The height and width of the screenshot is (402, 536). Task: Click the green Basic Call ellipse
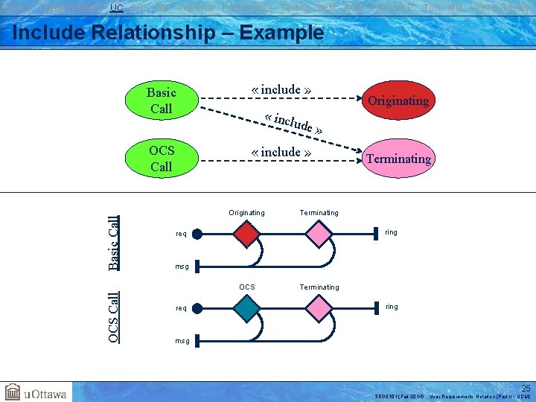point(161,100)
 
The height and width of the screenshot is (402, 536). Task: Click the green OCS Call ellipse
point(161,159)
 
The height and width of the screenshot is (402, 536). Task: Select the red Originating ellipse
point(398,100)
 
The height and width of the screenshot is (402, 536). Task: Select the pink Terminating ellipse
point(398,159)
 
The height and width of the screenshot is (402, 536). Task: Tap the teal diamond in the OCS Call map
point(246,307)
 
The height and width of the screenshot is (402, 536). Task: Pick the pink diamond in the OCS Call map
point(319,307)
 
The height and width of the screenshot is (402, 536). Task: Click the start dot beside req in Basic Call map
point(197,234)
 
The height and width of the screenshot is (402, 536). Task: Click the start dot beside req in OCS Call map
point(197,307)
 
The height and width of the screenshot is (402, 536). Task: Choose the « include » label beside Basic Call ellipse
point(281,90)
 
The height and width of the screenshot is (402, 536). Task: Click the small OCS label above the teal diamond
point(246,287)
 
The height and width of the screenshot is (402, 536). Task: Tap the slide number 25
point(526,388)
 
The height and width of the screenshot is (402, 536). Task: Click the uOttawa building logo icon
point(13,392)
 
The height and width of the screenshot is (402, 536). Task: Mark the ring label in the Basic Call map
point(391,233)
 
